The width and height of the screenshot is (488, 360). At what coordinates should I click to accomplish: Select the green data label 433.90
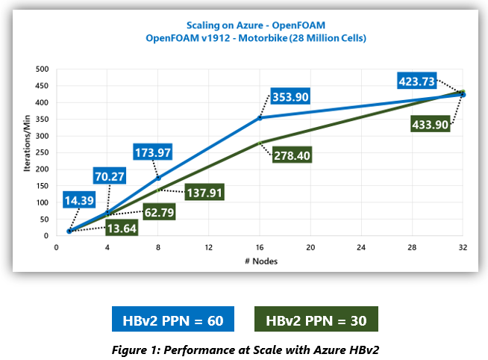point(430,124)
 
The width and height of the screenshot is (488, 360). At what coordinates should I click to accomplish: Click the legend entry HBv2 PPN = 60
point(173,319)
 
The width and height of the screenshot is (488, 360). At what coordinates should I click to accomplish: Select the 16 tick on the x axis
point(260,246)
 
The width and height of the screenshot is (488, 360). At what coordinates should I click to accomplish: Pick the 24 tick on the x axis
point(361,246)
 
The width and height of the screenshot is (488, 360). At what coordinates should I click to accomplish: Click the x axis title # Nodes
point(260,261)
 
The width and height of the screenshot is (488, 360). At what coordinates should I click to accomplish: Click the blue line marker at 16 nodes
point(260,118)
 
